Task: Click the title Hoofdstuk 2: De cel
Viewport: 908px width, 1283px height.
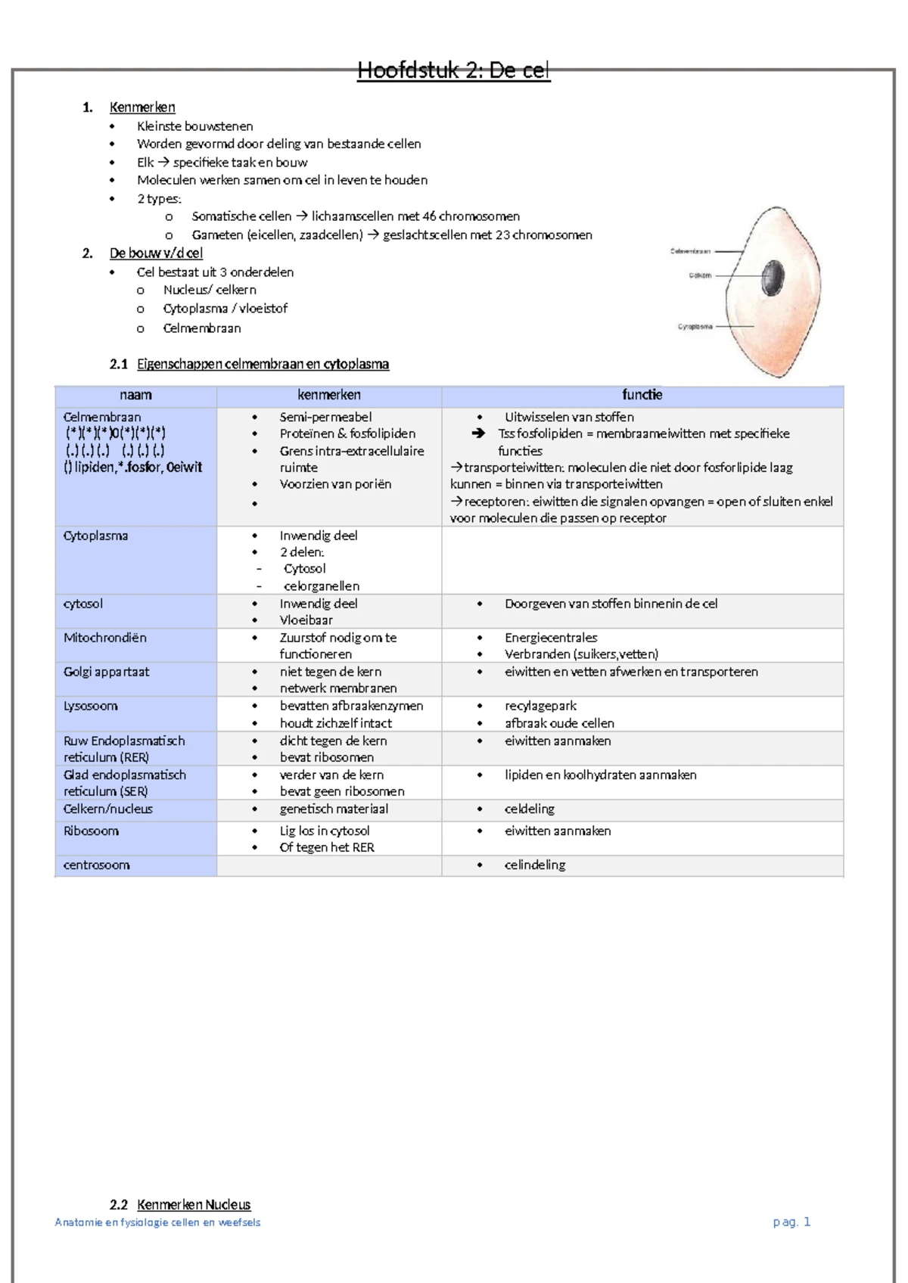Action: [453, 71]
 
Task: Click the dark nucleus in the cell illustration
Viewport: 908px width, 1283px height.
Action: [773, 278]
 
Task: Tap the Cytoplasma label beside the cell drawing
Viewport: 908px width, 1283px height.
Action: [695, 327]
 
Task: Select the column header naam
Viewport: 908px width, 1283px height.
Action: [135, 395]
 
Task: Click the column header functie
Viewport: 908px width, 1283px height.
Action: [642, 395]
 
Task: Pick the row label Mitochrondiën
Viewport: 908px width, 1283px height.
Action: [105, 638]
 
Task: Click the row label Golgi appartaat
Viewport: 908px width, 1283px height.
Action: [107, 672]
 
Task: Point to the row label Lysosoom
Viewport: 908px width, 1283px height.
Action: [90, 706]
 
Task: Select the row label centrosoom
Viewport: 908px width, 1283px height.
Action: [96, 865]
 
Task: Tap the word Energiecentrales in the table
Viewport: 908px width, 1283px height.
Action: [551, 638]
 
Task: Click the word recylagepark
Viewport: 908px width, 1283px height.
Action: [540, 706]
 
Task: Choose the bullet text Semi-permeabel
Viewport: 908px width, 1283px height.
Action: [325, 417]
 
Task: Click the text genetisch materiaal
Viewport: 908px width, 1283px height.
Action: [334, 809]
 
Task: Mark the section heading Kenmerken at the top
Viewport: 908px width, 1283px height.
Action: [142, 107]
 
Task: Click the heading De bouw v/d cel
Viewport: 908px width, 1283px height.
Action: [156, 253]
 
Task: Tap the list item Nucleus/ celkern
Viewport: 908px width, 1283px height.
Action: [210, 290]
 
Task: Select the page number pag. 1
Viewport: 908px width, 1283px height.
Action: [791, 1222]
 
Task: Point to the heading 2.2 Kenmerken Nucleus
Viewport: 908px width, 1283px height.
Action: [180, 1204]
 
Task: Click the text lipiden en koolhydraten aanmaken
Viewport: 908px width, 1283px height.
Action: [600, 775]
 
